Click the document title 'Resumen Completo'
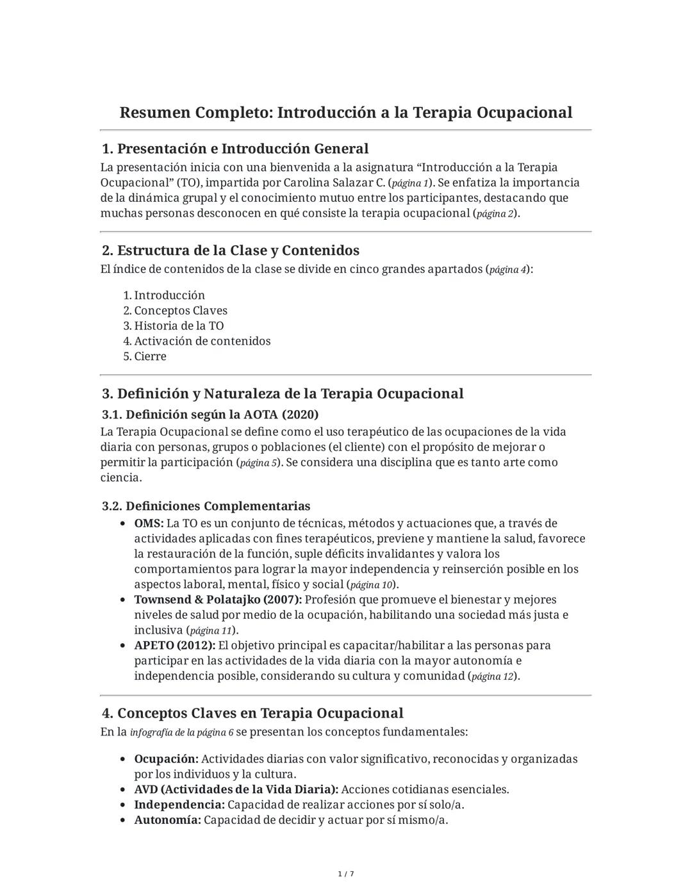pyautogui.click(x=345, y=113)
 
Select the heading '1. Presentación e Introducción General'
pyautogui.click(x=235, y=149)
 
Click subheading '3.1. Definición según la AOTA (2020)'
pyautogui.click(x=210, y=415)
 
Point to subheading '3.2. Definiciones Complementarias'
pyautogui.click(x=206, y=506)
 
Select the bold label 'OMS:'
pyautogui.click(x=149, y=523)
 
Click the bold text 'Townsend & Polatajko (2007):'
pyautogui.click(x=218, y=600)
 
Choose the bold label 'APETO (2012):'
pyautogui.click(x=174, y=645)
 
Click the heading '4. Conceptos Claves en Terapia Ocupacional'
pyautogui.click(x=252, y=713)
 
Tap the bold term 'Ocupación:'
pyautogui.click(x=166, y=759)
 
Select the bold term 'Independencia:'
pyautogui.click(x=179, y=805)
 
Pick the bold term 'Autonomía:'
pyautogui.click(x=167, y=820)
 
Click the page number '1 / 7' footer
pyautogui.click(x=346, y=874)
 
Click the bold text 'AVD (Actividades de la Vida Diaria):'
pyautogui.click(x=236, y=789)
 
